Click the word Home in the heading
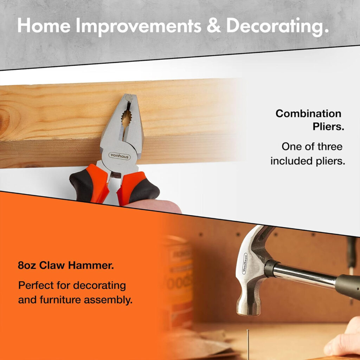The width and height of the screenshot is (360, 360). [x=44, y=25]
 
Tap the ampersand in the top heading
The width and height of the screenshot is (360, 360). [x=214, y=25]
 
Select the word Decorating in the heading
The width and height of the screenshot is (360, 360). [x=278, y=27]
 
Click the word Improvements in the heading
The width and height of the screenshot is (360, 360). [x=139, y=27]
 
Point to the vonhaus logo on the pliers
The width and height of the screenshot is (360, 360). [x=120, y=156]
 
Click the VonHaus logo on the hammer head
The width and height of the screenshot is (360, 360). [x=245, y=264]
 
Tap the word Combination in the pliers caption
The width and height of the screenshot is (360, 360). [x=308, y=114]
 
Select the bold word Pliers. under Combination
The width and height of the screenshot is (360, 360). [x=328, y=127]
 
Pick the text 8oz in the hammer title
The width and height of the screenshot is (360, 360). [x=27, y=265]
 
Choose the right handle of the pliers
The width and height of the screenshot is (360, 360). [x=138, y=189]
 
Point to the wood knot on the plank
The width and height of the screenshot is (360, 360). [x=5, y=120]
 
